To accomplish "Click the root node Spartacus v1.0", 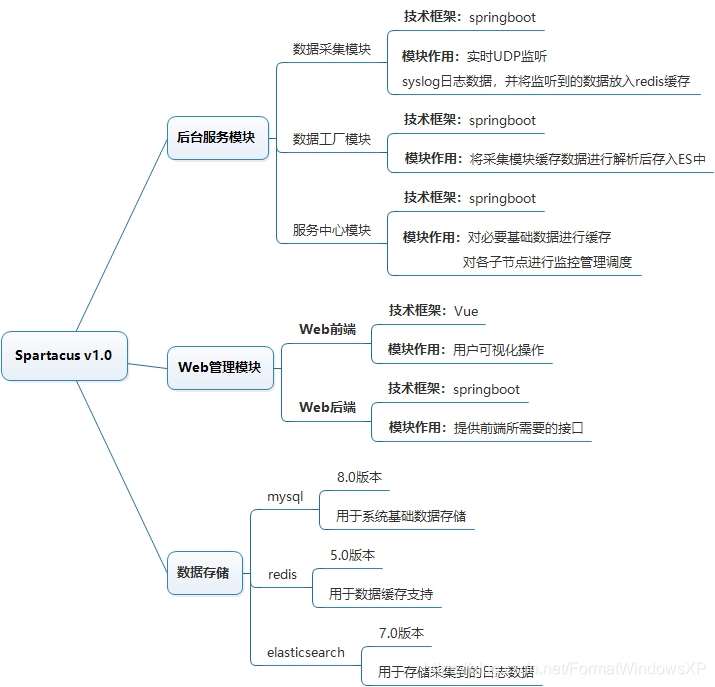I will pyautogui.click(x=64, y=355).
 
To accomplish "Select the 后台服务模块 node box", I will pyautogui.click(x=216, y=137).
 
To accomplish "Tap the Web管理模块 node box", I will pyautogui.click(x=219, y=367).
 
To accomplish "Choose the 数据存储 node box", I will pyautogui.click(x=203, y=573).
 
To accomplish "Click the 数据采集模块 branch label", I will pyautogui.click(x=331, y=49).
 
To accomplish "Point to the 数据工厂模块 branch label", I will pyautogui.click(x=331, y=139).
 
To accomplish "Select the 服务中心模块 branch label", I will pyautogui.click(x=331, y=230).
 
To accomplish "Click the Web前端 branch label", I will pyautogui.click(x=327, y=329).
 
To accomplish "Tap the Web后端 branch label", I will pyautogui.click(x=327, y=407).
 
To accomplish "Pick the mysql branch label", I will pyautogui.click(x=284, y=497).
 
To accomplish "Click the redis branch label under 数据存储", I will pyautogui.click(x=282, y=575).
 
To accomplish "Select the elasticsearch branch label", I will pyautogui.click(x=305, y=652).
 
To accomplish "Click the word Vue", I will pyautogui.click(x=466, y=311).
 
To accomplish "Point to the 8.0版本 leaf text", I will pyautogui.click(x=359, y=477).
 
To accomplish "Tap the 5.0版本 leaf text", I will pyautogui.click(x=352, y=555).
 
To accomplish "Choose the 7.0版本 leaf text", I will pyautogui.click(x=401, y=633).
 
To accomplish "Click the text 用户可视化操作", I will pyautogui.click(x=499, y=350).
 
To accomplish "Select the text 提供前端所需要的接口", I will pyautogui.click(x=518, y=428).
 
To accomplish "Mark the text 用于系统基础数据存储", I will pyautogui.click(x=401, y=516).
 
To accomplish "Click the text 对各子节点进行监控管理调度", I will pyautogui.click(x=547, y=263).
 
